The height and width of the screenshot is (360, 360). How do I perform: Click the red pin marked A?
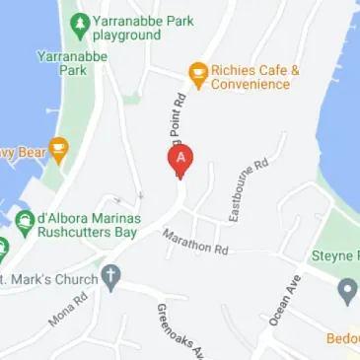point(180,159)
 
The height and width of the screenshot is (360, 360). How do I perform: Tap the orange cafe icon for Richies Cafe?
point(197,72)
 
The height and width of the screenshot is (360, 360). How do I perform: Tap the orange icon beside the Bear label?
point(57,151)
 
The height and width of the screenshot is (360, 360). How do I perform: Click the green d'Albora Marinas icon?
point(24,218)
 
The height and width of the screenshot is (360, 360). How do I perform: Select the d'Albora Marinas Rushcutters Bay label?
point(90,225)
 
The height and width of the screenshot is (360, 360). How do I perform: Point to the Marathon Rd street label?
point(195,242)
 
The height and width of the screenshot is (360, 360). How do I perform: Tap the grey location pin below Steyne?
point(346,291)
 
